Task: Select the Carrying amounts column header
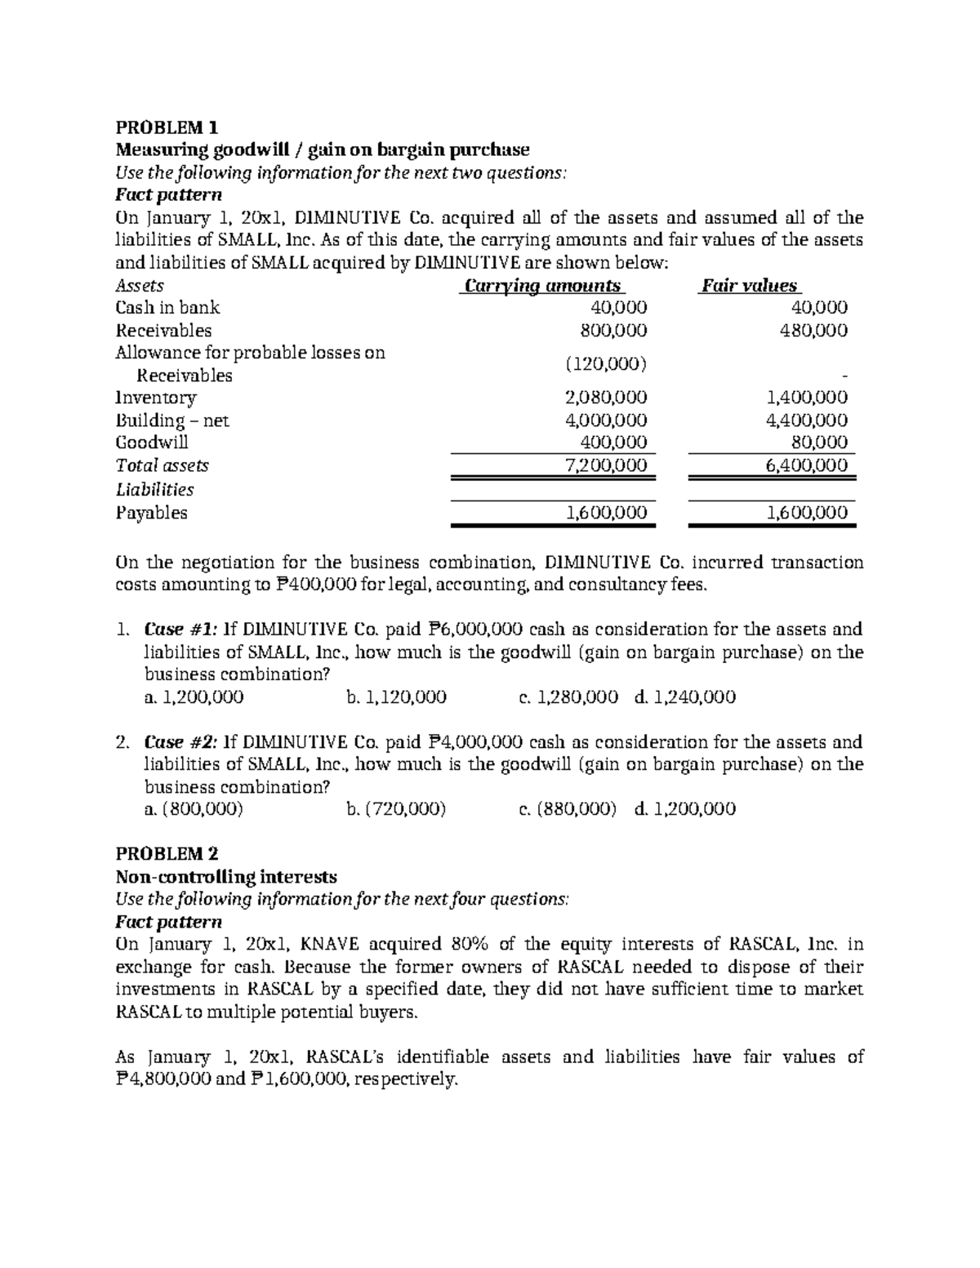542,286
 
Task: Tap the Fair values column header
749,286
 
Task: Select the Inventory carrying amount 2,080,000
606,398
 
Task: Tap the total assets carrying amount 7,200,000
606,465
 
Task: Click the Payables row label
151,513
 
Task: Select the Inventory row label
156,398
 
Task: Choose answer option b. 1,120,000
396,697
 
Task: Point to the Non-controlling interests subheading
226,877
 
